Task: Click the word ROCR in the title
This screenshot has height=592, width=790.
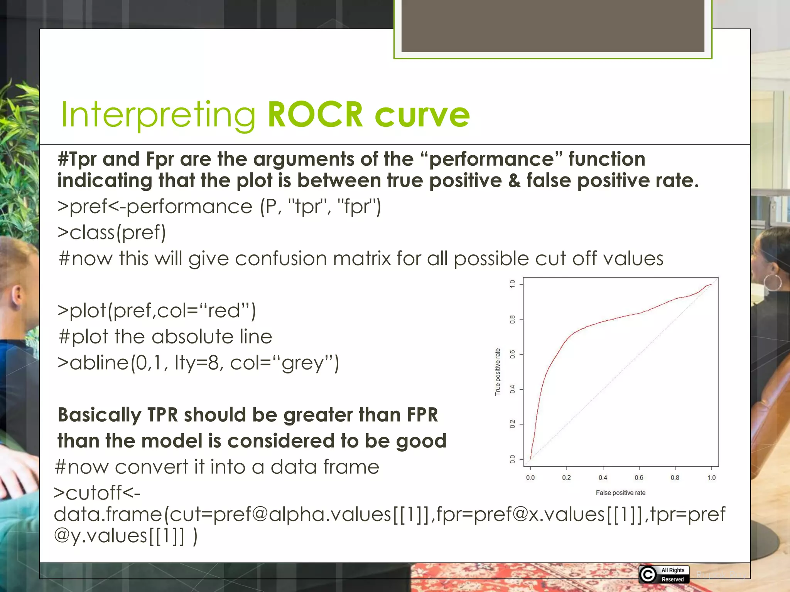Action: (315, 114)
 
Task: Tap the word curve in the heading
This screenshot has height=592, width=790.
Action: (422, 115)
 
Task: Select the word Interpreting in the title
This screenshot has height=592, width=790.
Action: (159, 115)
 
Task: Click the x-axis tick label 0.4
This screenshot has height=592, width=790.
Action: (603, 478)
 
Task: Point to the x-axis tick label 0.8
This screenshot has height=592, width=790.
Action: (675, 478)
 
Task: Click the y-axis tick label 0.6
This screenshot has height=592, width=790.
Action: (512, 354)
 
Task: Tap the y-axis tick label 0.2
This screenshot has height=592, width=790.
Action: (512, 424)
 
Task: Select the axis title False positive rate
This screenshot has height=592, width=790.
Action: (620, 493)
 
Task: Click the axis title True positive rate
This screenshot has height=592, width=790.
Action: (498, 372)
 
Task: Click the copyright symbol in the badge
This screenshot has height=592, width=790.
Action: (648, 575)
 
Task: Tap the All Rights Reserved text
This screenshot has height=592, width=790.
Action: (673, 575)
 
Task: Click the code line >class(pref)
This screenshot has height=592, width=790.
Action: (112, 232)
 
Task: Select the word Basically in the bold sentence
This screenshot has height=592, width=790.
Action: (100, 415)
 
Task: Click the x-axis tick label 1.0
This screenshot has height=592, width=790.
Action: (711, 478)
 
